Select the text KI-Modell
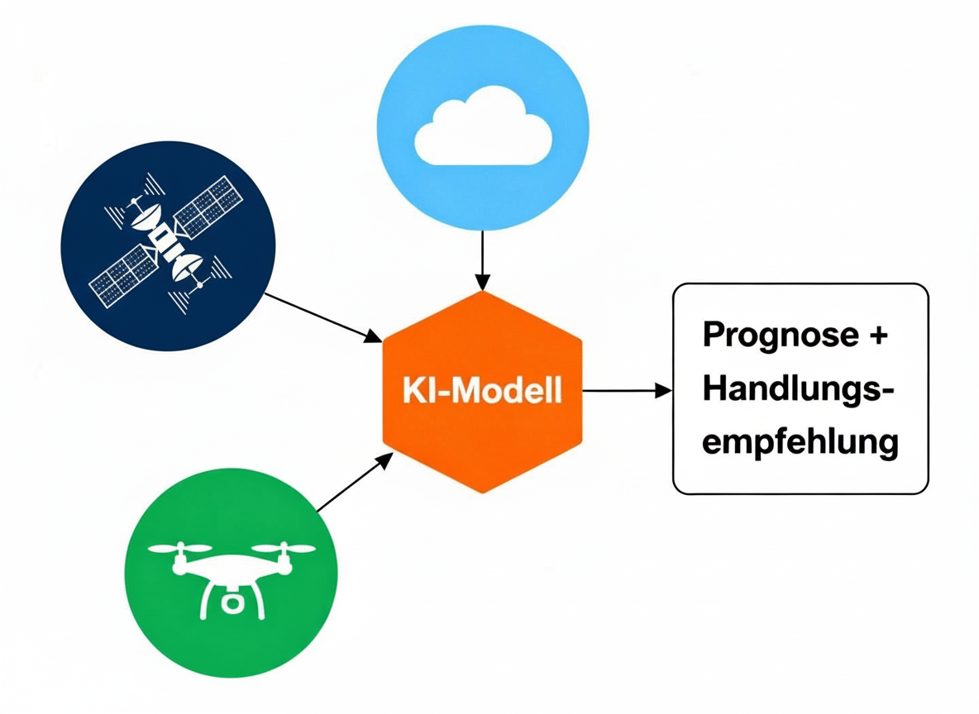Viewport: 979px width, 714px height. click(x=482, y=390)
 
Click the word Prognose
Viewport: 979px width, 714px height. click(x=770, y=336)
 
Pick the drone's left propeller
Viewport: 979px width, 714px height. click(x=179, y=548)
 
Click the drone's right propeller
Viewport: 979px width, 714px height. click(x=284, y=548)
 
